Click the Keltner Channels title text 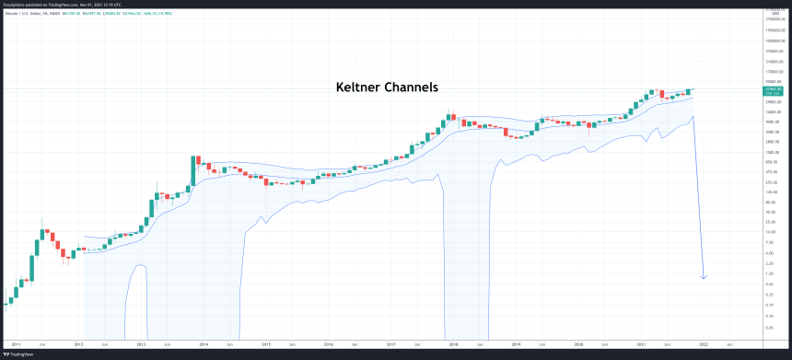(x=385, y=87)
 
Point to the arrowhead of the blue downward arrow (x=705, y=276)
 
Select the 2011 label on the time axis (x=15, y=343)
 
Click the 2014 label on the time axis (x=203, y=343)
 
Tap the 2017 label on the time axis (x=390, y=343)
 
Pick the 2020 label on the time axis (x=578, y=343)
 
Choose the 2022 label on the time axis (x=704, y=343)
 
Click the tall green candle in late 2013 (x=193, y=169)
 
